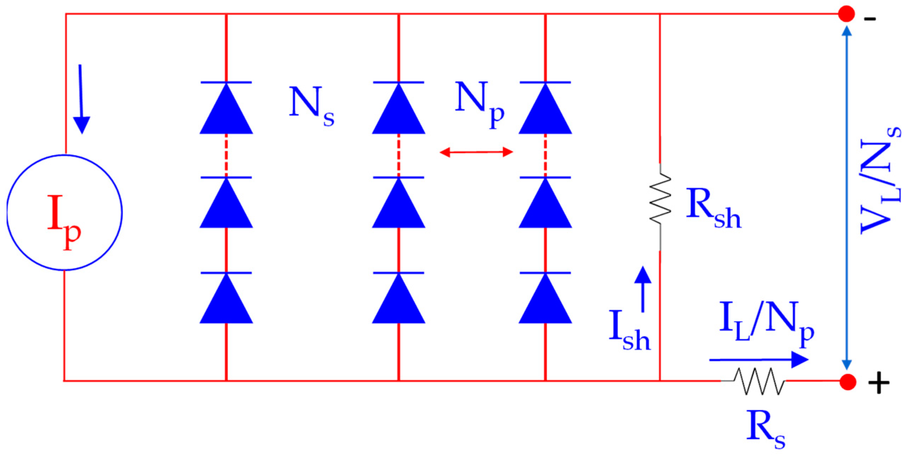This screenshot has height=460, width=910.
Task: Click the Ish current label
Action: click(x=629, y=330)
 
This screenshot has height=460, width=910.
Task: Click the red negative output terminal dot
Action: click(x=846, y=14)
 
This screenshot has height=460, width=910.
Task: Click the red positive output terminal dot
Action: click(x=848, y=382)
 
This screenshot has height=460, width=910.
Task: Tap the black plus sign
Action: click(x=878, y=383)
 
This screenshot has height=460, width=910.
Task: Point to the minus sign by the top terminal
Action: click(x=870, y=19)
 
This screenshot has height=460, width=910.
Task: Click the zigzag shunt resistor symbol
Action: click(x=660, y=199)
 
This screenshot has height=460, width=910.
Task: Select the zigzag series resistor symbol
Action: click(x=759, y=382)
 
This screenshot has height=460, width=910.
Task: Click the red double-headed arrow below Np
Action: click(x=476, y=152)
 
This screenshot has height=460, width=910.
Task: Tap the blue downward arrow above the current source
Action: click(x=81, y=99)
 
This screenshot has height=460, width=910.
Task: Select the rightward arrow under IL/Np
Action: click(x=759, y=360)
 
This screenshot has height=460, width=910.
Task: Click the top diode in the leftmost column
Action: click(x=226, y=108)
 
